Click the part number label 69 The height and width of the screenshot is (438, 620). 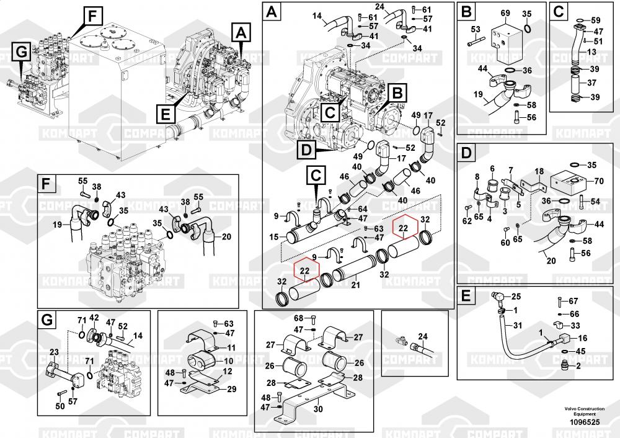pyautogui.click(x=505, y=14)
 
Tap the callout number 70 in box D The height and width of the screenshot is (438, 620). pyautogui.click(x=599, y=181)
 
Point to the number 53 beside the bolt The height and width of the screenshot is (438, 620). pyautogui.click(x=476, y=29)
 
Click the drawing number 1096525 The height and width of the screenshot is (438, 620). pyautogui.click(x=585, y=422)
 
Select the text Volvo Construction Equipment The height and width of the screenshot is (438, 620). pyautogui.click(x=585, y=411)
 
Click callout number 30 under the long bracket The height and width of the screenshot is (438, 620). pyautogui.click(x=318, y=409)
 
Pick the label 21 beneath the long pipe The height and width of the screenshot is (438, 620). pyautogui.click(x=355, y=285)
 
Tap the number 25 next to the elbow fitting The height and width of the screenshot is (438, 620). pyautogui.click(x=516, y=297)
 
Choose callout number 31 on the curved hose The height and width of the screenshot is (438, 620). pyautogui.click(x=517, y=325)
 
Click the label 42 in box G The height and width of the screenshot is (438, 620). pyautogui.click(x=94, y=318)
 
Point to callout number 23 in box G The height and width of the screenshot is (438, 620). pyautogui.click(x=54, y=352)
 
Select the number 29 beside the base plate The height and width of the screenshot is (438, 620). pyautogui.click(x=231, y=389)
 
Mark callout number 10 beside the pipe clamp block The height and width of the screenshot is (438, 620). pyautogui.click(x=229, y=361)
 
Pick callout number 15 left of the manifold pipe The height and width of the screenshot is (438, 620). pyautogui.click(x=274, y=237)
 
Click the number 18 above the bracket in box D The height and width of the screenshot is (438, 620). pyautogui.click(x=539, y=171)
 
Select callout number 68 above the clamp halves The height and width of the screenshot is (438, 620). pyautogui.click(x=299, y=318)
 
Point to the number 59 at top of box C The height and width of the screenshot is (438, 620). pyautogui.click(x=595, y=20)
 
